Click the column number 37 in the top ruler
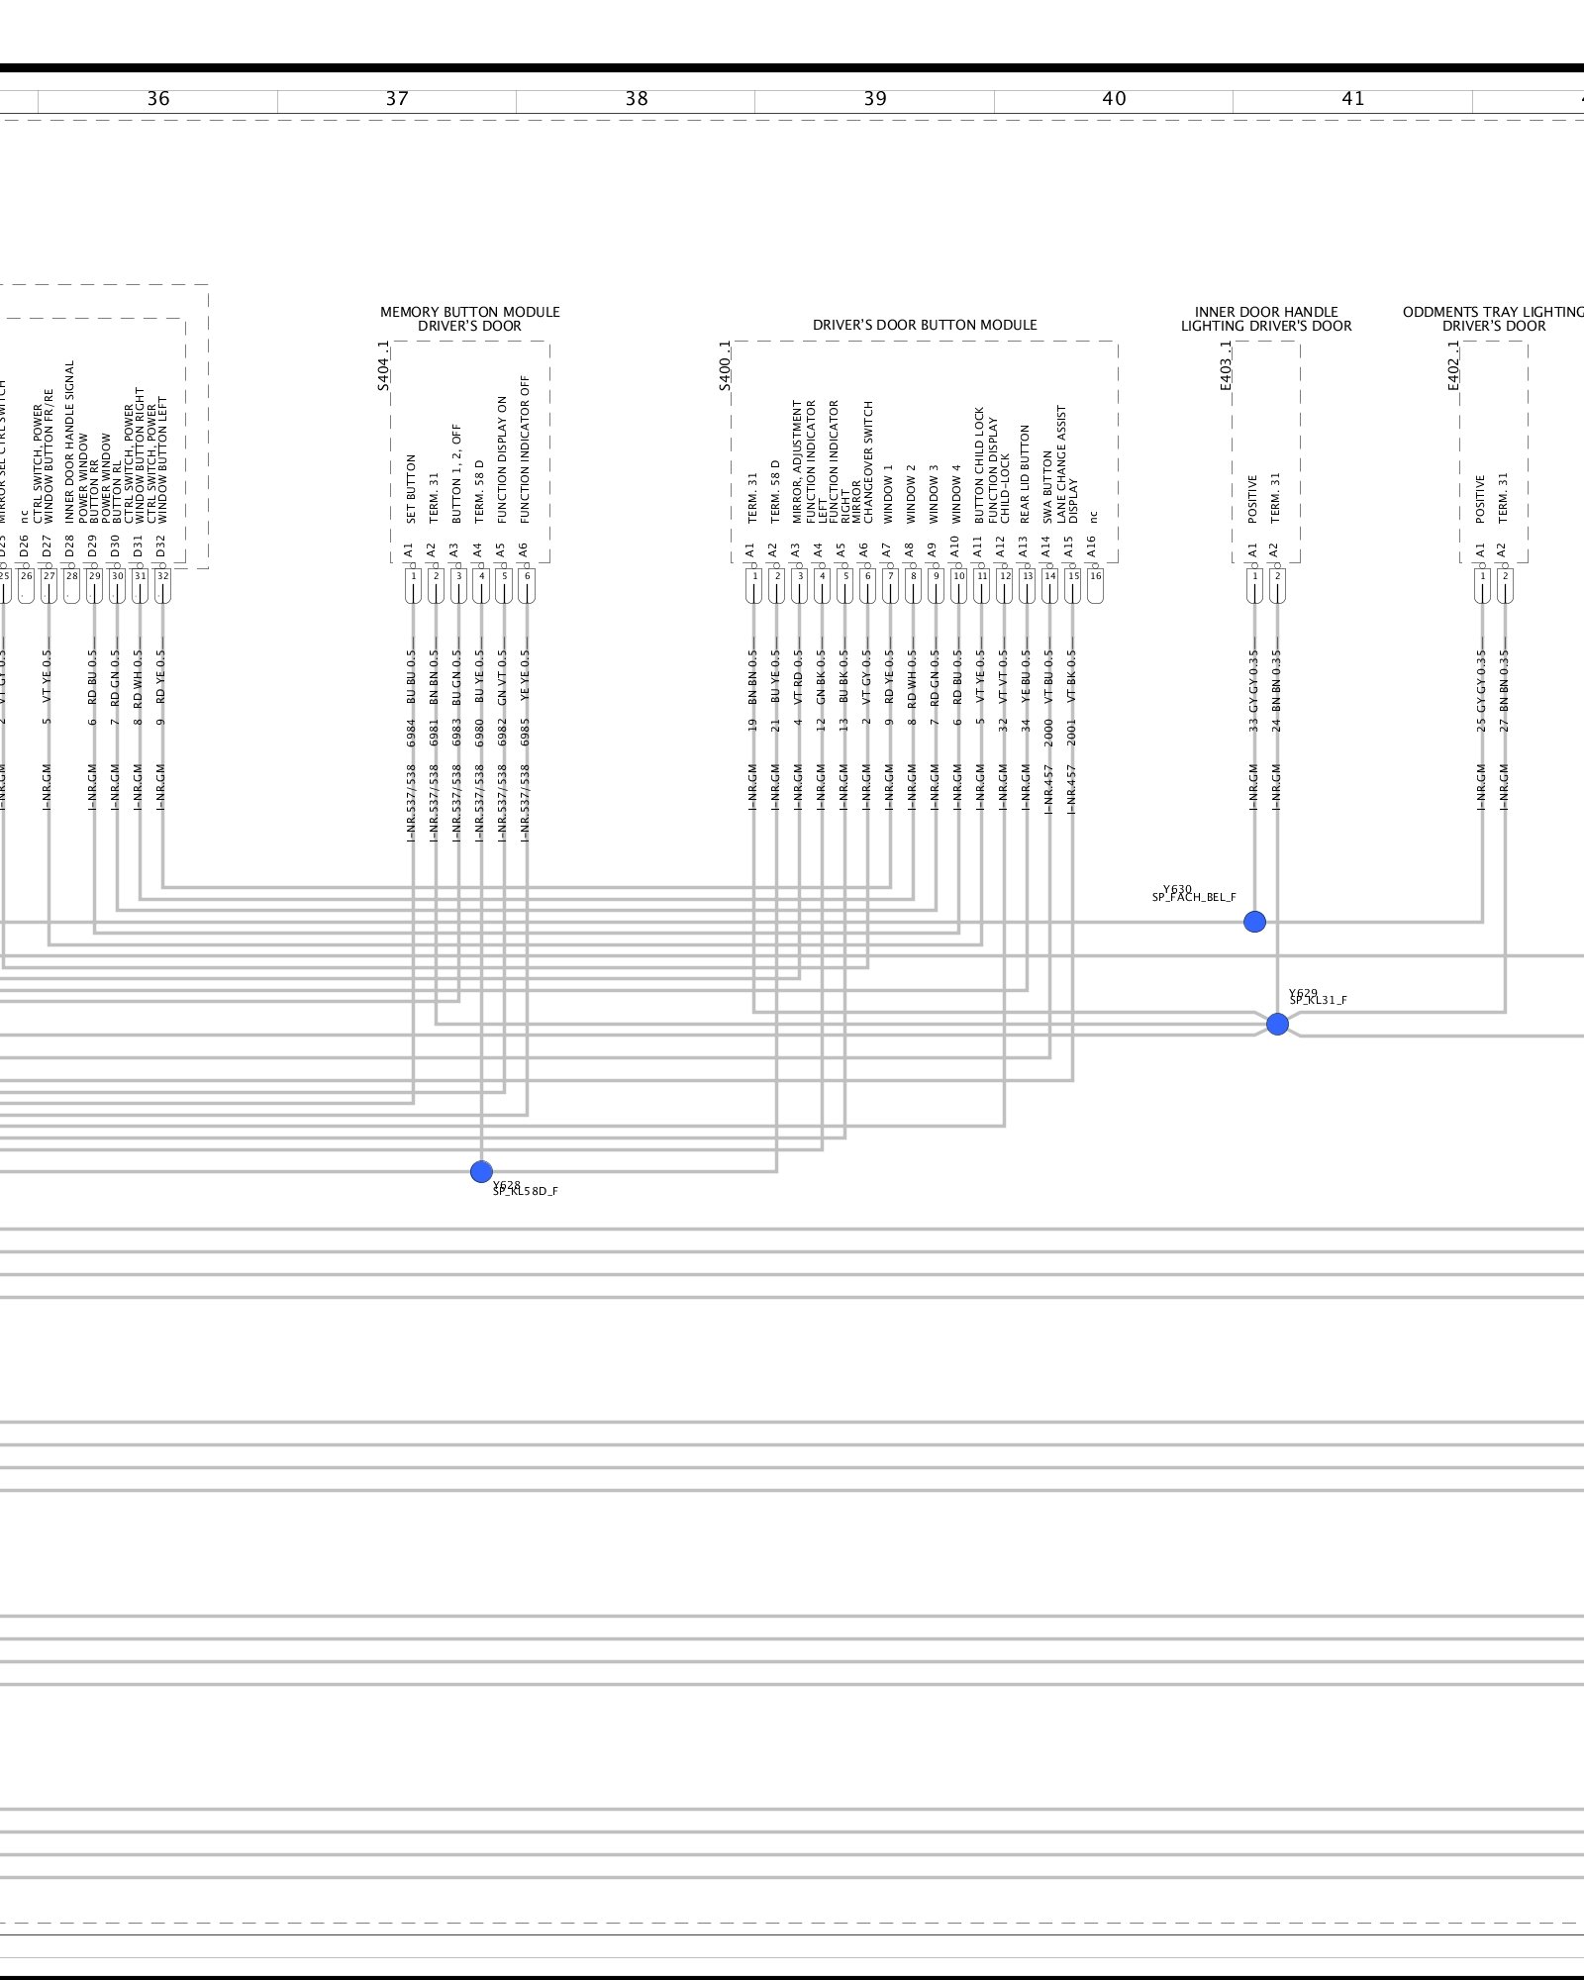click(397, 99)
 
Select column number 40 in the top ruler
click(1114, 99)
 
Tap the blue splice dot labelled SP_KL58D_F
click(481, 1172)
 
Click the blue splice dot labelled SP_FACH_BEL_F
click(1254, 922)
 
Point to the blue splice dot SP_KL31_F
click(1277, 1024)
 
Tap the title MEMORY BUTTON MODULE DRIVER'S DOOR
click(470, 319)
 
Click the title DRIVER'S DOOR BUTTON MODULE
click(925, 325)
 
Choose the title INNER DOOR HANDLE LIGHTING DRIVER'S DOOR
click(1266, 319)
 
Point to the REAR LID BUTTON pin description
click(1026, 474)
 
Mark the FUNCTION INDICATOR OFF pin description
click(527, 448)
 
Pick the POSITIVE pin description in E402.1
click(1481, 499)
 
